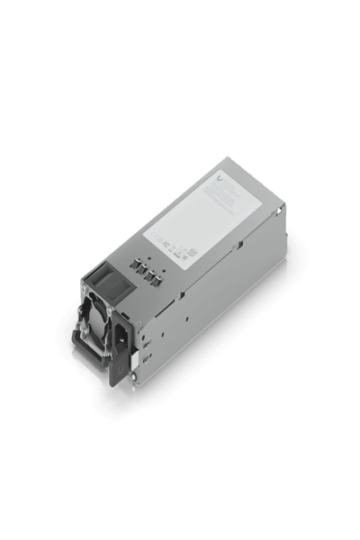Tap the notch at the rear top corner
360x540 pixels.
tap(283, 211)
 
